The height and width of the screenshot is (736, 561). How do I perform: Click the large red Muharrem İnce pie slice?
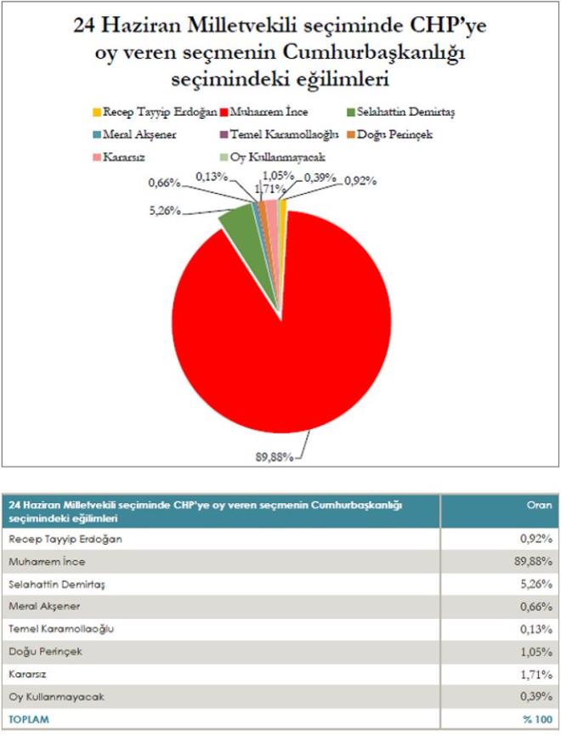280,340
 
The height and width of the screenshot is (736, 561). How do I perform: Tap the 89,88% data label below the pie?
275,456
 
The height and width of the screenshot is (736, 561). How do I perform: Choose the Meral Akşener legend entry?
137,134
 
